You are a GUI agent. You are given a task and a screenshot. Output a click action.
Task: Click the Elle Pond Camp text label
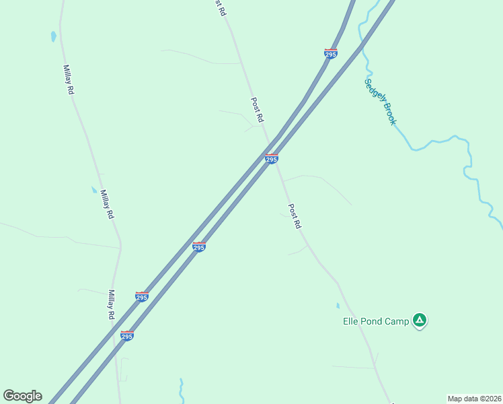pyautogui.click(x=375, y=321)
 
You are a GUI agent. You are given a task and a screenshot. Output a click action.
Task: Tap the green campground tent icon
pyautogui.click(x=420, y=320)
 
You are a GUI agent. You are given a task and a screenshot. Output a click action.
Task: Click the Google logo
pyautogui.click(x=22, y=396)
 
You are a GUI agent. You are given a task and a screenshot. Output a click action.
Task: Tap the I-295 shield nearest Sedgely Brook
pyautogui.click(x=330, y=53)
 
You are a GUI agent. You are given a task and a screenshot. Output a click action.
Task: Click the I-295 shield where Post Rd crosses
pyautogui.click(x=271, y=158)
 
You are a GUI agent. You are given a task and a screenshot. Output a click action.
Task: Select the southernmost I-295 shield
pyautogui.click(x=126, y=335)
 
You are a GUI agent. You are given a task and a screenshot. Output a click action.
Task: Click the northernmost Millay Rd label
pyautogui.click(x=68, y=79)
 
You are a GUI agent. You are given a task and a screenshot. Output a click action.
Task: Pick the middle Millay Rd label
pyautogui.click(x=106, y=204)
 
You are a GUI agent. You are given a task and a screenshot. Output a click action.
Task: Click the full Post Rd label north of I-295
pyautogui.click(x=257, y=110)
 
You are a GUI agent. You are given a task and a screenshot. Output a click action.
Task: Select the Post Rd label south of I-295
pyautogui.click(x=294, y=216)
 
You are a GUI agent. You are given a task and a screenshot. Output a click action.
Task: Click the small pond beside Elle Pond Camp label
pyautogui.click(x=338, y=306)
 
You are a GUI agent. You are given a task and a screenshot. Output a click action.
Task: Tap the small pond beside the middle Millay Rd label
pyautogui.click(x=94, y=190)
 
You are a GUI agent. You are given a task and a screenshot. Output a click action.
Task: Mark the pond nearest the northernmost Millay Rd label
pyautogui.click(x=53, y=36)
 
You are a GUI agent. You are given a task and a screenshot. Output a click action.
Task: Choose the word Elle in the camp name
pyautogui.click(x=351, y=321)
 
